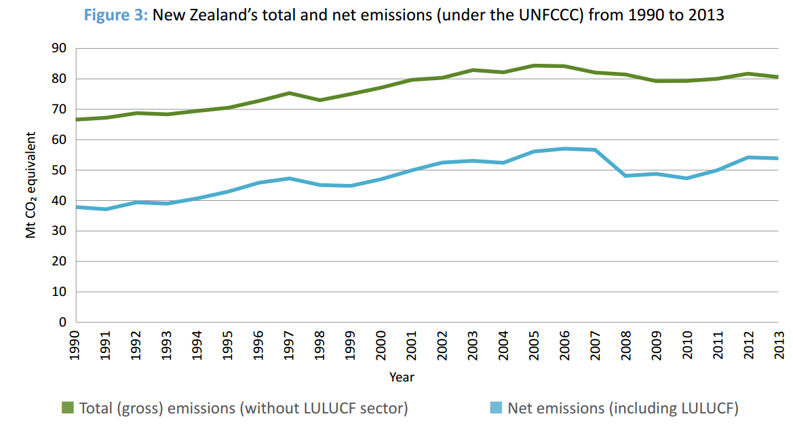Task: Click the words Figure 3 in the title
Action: (116, 15)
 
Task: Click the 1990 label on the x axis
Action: (75, 344)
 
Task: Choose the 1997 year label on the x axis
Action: (289, 344)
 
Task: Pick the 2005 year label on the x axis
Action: (533, 344)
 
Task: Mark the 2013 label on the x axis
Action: (777, 344)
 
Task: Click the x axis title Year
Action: (402, 377)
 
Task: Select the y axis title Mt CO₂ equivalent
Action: (31, 185)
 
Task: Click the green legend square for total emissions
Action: (67, 408)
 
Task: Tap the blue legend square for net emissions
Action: (496, 408)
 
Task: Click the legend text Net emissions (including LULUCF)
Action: (623, 408)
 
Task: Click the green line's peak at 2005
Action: (534, 66)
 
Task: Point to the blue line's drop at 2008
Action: (625, 176)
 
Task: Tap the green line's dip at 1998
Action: (320, 100)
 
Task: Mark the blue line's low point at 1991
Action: (106, 209)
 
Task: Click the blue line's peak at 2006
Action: (564, 149)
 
